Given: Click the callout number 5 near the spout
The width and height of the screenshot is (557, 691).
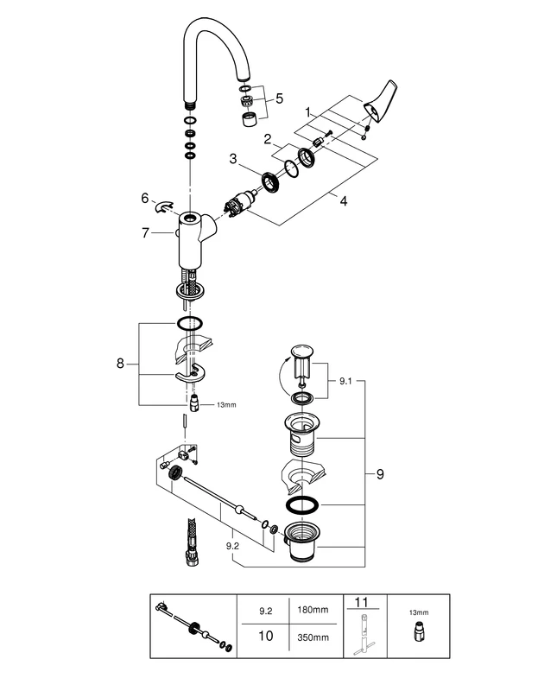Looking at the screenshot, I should coord(279,98).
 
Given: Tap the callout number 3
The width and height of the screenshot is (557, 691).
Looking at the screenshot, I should coord(233,159).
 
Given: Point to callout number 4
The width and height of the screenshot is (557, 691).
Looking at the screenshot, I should coord(344,201).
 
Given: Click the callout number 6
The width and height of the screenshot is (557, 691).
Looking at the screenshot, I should coord(144,198).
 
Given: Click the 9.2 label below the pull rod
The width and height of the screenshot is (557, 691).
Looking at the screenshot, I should coord(231,546).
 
